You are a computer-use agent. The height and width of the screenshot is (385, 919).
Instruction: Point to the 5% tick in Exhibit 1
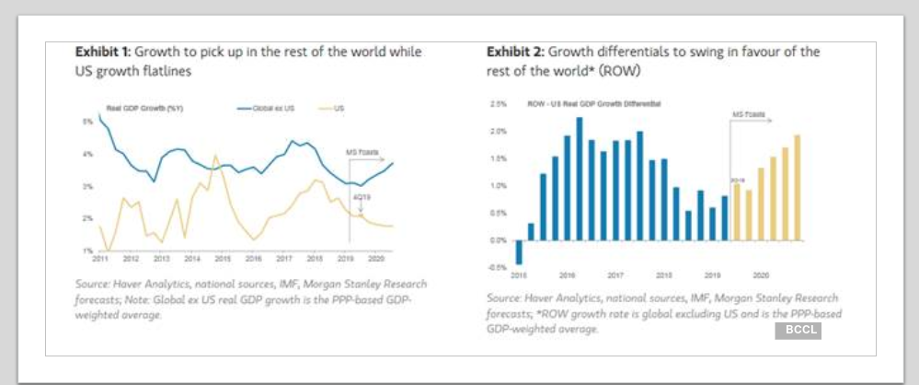tap(87, 122)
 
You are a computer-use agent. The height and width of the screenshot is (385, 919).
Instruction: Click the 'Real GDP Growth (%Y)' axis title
tap(145, 108)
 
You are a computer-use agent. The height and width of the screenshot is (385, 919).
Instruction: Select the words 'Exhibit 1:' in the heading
tap(104, 52)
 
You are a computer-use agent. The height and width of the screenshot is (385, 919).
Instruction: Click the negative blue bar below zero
tap(519, 251)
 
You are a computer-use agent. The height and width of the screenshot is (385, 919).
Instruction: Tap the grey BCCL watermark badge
tap(797, 330)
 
